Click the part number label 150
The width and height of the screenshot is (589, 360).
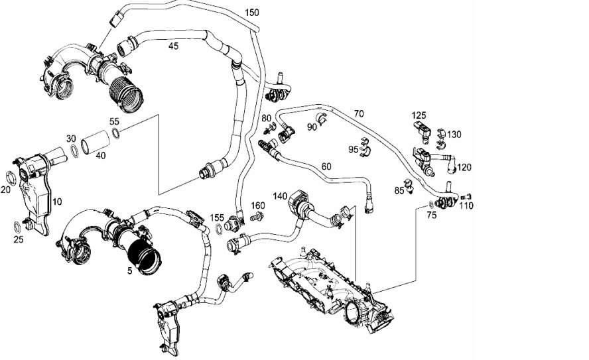click(251, 13)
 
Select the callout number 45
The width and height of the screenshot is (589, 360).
click(174, 46)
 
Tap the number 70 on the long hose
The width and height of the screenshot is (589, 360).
click(359, 113)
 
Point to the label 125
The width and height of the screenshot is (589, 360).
click(419, 115)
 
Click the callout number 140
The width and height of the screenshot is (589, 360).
click(280, 196)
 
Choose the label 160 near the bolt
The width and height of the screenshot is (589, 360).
click(257, 206)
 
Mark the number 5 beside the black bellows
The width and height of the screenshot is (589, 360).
click(129, 270)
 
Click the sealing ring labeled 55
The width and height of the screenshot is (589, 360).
click(117, 133)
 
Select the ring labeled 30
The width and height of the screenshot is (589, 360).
click(75, 150)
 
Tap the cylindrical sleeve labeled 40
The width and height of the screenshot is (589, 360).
click(96, 142)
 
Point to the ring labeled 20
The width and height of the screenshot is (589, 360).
click(12, 178)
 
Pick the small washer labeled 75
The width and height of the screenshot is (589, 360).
click(430, 205)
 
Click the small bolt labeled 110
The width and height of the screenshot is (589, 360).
click(468, 196)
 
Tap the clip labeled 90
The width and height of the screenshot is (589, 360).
click(322, 117)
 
